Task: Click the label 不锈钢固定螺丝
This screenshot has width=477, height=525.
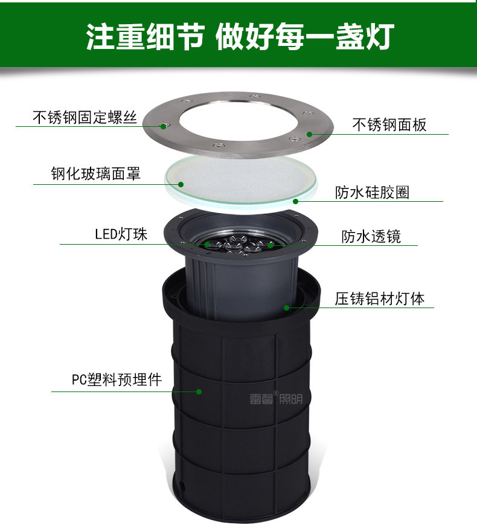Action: (85, 117)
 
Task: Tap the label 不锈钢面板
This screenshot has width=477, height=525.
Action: (389, 124)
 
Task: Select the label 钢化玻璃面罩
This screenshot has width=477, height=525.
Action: (96, 173)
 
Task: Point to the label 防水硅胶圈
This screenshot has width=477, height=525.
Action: (372, 193)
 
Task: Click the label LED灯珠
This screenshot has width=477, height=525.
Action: (121, 234)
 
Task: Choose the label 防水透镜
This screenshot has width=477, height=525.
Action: (371, 236)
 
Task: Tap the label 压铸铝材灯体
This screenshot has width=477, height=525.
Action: (380, 298)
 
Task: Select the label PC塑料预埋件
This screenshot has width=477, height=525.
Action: (117, 379)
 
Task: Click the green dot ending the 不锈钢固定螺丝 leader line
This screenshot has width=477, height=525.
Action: (164, 126)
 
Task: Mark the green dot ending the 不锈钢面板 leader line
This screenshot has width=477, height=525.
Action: (310, 134)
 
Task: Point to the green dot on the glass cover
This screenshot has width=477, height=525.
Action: (181, 184)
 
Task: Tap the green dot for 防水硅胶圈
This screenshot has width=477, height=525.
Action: (296, 201)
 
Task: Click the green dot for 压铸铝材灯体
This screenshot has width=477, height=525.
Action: (287, 308)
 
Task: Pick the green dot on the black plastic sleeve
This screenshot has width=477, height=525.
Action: (199, 391)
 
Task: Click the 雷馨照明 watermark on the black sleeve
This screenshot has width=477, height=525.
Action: (276, 398)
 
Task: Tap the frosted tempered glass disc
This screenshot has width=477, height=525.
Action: (241, 181)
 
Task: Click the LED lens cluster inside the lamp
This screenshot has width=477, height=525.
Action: (238, 245)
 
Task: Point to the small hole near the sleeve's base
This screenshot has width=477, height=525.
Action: (182, 485)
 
